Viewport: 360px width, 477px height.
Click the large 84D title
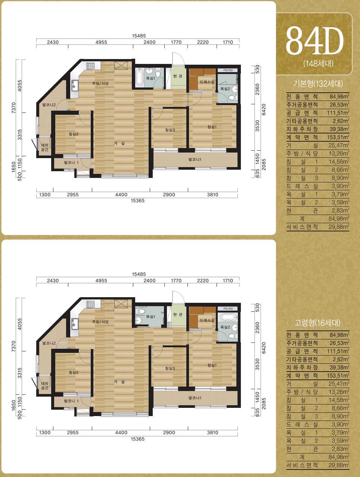point(315,41)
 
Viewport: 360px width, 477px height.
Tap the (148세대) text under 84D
point(318,64)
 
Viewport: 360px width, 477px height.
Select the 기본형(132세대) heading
point(318,84)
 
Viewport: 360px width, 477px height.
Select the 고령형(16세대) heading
point(317,323)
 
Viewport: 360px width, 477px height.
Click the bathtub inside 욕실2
point(228,317)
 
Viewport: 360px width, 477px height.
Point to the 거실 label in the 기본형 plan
point(119,144)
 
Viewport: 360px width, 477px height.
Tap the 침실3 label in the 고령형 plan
point(170,368)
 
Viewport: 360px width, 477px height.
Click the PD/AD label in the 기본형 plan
point(228,70)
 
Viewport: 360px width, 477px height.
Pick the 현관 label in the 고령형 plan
point(178,314)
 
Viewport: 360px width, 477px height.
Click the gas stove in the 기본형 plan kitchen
point(90,66)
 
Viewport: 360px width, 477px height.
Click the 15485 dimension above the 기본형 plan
point(139,36)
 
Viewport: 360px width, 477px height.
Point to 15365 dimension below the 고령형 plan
point(137,439)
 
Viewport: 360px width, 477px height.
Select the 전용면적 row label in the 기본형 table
point(302,96)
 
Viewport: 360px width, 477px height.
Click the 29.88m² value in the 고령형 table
point(339,465)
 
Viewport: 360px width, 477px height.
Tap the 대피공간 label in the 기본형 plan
point(44,148)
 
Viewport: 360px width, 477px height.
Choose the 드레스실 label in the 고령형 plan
point(207,320)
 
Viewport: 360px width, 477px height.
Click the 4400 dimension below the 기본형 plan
point(121,195)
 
